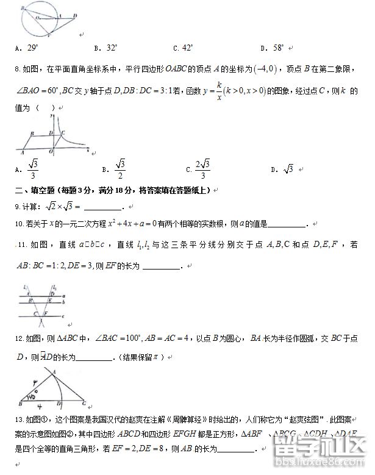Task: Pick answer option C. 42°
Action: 183,48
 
